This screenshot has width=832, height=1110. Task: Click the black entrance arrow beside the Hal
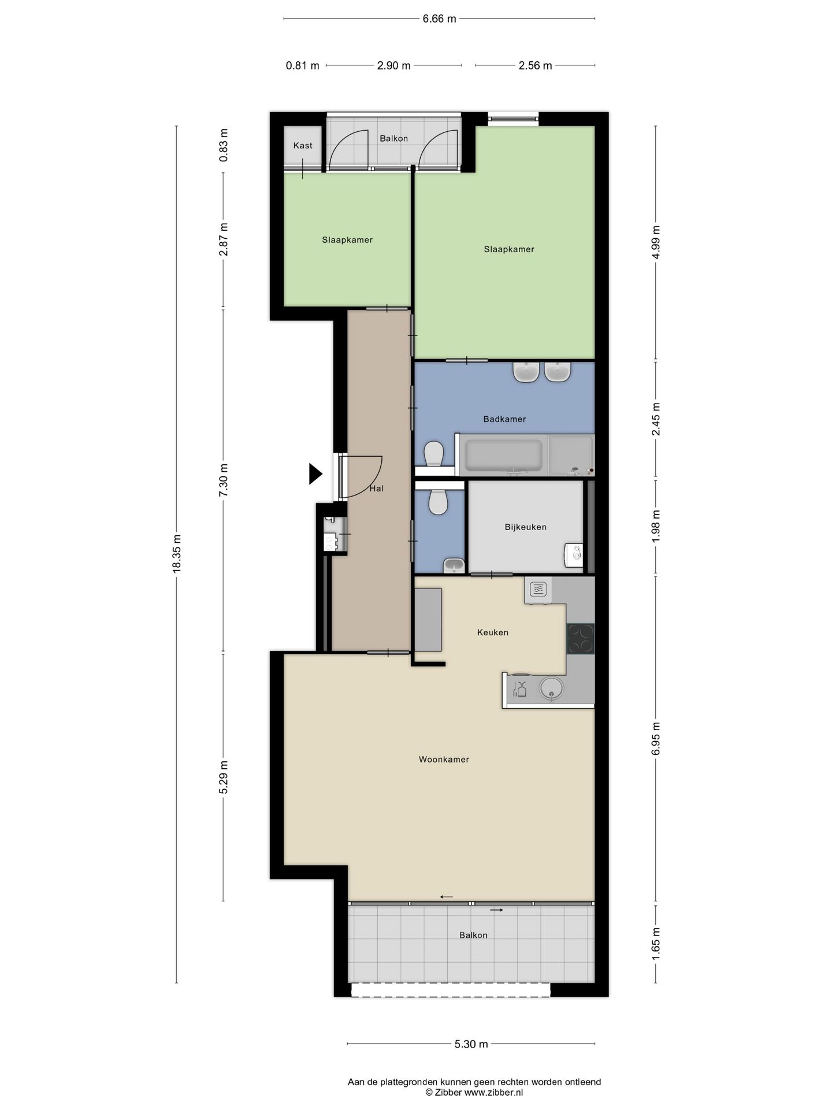coord(315,473)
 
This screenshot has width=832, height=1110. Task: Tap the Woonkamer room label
coord(444,760)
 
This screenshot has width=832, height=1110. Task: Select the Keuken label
coord(493,632)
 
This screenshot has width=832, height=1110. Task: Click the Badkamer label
coord(504,419)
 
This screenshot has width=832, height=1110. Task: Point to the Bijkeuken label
coord(525,527)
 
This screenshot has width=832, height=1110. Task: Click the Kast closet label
coord(303,146)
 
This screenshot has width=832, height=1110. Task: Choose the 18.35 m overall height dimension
coord(177,553)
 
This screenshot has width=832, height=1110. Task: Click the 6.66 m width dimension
coord(439,19)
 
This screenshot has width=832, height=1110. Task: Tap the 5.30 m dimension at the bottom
coord(471,1044)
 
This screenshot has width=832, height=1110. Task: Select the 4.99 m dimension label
coord(655,243)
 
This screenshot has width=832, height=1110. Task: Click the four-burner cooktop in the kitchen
coord(580,639)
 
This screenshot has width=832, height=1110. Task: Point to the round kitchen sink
coord(552,689)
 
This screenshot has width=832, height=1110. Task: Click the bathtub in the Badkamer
coord(503,456)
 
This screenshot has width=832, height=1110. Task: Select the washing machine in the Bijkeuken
coord(573,556)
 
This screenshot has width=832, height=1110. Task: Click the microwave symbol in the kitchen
coord(538,590)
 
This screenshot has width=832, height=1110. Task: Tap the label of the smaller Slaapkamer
coord(347,240)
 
